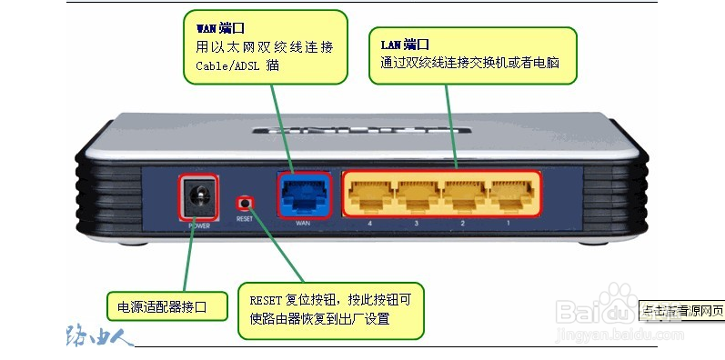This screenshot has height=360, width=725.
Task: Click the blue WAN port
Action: [x=302, y=193]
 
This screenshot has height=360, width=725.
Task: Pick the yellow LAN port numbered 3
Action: [x=417, y=192]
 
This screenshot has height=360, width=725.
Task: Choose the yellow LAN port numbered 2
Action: [x=463, y=192]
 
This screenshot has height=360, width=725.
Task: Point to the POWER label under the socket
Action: [x=197, y=223]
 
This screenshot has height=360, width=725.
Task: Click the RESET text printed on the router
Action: [x=244, y=219]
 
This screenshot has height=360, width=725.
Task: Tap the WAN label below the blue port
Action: [x=304, y=223]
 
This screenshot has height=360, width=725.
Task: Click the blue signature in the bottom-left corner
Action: [x=100, y=335]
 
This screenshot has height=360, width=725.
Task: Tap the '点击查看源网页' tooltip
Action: [x=682, y=309]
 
